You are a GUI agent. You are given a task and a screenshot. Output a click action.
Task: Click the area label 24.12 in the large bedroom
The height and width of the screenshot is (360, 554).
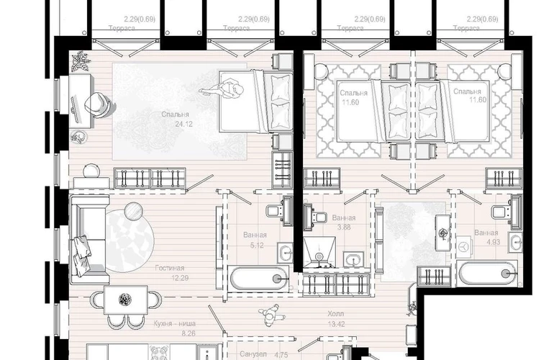[183, 124]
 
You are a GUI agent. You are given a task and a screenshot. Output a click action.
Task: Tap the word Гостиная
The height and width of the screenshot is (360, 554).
[170, 268]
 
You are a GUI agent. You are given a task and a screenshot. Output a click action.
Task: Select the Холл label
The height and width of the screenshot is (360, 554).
[336, 314]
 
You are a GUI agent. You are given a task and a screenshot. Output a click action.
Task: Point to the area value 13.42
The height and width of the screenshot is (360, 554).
[337, 324]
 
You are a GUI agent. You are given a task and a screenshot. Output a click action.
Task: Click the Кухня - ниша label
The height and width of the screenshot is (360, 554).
[175, 323]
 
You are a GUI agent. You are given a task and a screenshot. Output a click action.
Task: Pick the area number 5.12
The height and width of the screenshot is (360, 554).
[257, 245]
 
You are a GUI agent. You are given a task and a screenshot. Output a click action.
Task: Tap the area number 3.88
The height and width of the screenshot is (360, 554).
[344, 228]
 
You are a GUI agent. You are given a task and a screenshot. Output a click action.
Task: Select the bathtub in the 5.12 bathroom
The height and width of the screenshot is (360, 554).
[259, 279]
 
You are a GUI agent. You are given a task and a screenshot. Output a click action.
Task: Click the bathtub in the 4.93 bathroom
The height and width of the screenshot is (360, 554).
[487, 273]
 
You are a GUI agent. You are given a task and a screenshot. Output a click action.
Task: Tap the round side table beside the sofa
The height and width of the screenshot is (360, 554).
[134, 211]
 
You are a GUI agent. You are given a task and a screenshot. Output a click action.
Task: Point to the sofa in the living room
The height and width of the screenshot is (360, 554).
[89, 240]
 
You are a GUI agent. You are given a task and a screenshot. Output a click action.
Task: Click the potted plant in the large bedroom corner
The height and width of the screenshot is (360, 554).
[80, 60]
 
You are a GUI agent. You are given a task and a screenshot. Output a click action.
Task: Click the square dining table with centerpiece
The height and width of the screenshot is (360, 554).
[126, 300]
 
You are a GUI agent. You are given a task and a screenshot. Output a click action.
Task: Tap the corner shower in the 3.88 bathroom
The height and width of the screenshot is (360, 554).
[319, 252]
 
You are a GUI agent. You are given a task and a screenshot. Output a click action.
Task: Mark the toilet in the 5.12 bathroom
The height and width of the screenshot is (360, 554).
[275, 212]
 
